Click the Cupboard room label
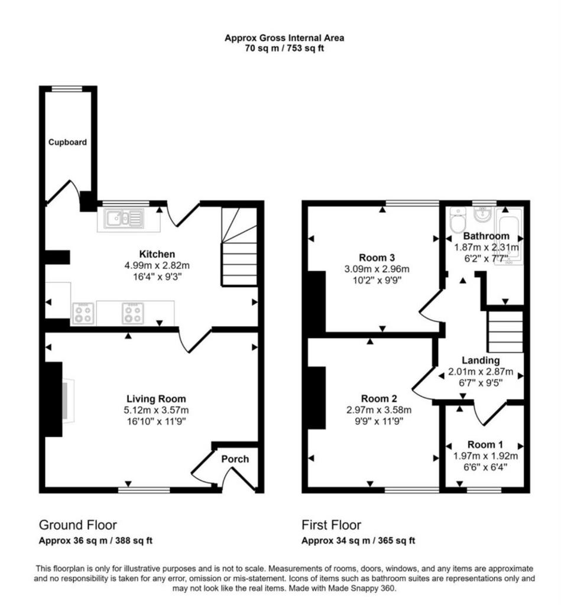point(67,142)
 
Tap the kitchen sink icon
point(120,219)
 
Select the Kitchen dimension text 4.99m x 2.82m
point(157,265)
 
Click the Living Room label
point(157,399)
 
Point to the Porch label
point(235,458)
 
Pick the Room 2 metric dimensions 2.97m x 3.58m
point(379,410)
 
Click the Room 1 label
point(485,444)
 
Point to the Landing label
point(481,360)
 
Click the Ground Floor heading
point(77,525)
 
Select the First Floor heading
point(331,525)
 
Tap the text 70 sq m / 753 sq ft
point(284,48)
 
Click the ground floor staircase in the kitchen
point(239,247)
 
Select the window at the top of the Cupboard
point(67,89)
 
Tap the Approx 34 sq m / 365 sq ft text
point(358,541)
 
